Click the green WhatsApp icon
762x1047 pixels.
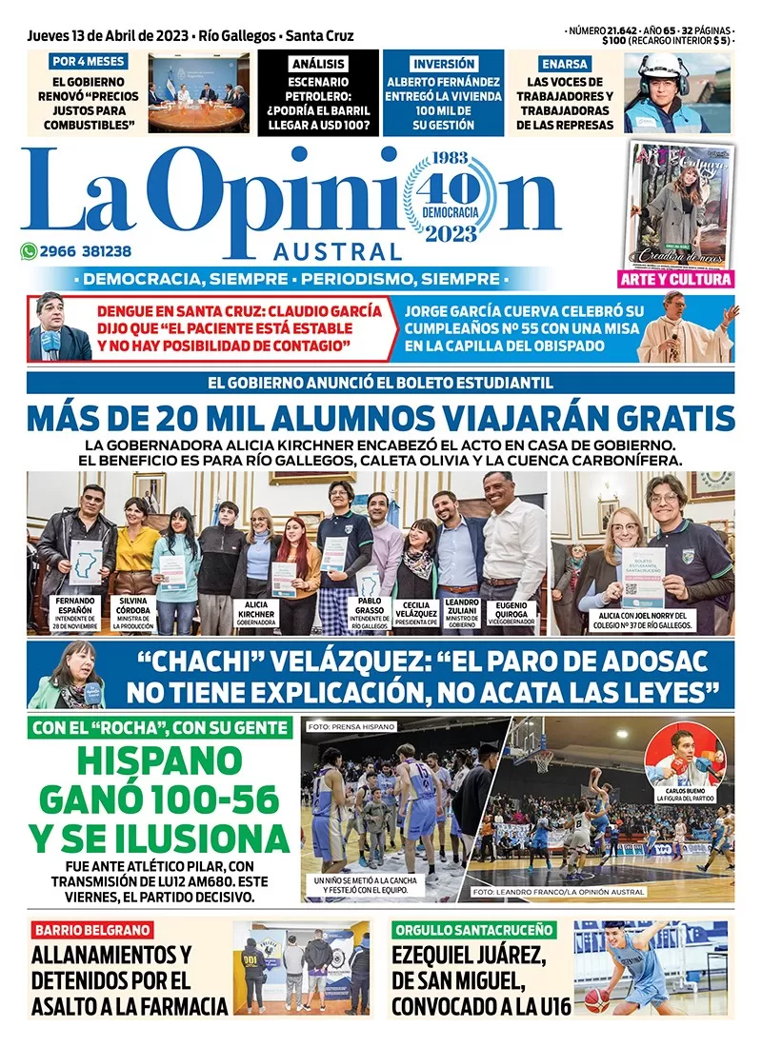coord(30,252)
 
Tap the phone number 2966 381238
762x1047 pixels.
coord(86,252)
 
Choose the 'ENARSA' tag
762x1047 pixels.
coord(565,64)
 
